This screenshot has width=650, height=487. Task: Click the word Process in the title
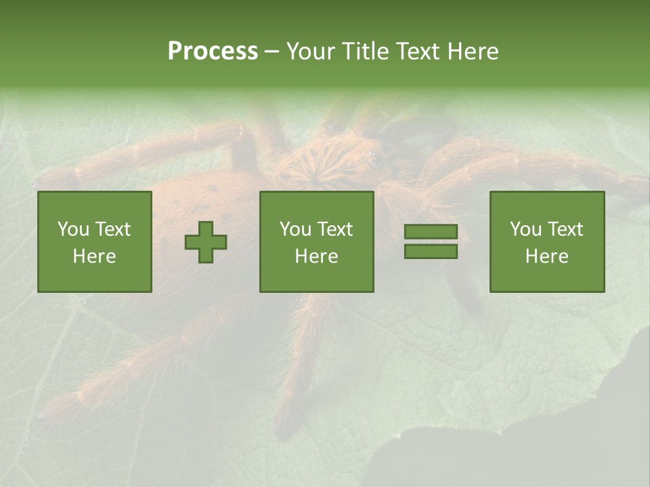(x=213, y=51)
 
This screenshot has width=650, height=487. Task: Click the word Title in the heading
(x=366, y=51)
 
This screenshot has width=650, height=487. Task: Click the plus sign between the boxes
(x=206, y=242)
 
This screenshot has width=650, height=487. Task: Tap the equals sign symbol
(x=431, y=241)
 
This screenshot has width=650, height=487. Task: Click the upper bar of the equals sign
(x=431, y=232)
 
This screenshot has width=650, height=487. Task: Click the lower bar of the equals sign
(x=431, y=251)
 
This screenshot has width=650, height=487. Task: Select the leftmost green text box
(x=95, y=241)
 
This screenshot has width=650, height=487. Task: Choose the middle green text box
(x=316, y=241)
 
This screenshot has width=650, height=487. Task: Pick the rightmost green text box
(x=547, y=241)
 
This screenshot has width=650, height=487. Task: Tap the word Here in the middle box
(x=316, y=256)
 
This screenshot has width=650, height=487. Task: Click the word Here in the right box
(x=547, y=256)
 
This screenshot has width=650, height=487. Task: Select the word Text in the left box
(x=112, y=229)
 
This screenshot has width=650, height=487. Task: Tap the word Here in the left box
(x=95, y=256)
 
